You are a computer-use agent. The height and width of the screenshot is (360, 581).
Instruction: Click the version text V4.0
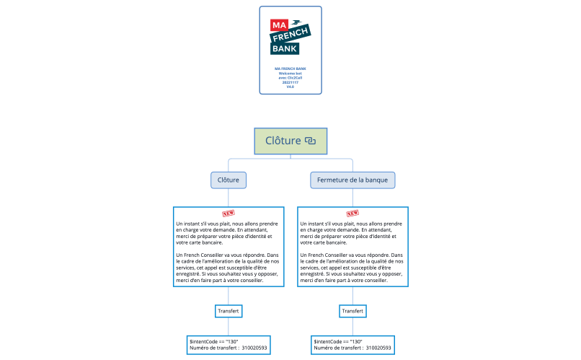[x=290, y=87]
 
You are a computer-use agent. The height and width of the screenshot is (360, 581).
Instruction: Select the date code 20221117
[x=290, y=82]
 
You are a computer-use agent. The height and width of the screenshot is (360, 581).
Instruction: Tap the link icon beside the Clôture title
[x=310, y=141]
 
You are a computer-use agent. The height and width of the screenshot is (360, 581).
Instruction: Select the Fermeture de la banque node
[x=352, y=179]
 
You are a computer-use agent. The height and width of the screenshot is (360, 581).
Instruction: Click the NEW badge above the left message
[x=229, y=214]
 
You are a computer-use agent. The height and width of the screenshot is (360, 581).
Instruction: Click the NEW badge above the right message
[x=352, y=214]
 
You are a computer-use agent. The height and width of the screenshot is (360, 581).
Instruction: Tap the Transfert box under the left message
[x=228, y=311]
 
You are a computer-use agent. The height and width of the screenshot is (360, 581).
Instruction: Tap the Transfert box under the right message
[x=352, y=311]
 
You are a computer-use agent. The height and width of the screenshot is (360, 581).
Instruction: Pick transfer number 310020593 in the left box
[x=254, y=348]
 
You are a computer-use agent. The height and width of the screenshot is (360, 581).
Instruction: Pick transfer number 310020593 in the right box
[x=378, y=348]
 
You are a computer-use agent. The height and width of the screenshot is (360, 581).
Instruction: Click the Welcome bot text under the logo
[x=290, y=74]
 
